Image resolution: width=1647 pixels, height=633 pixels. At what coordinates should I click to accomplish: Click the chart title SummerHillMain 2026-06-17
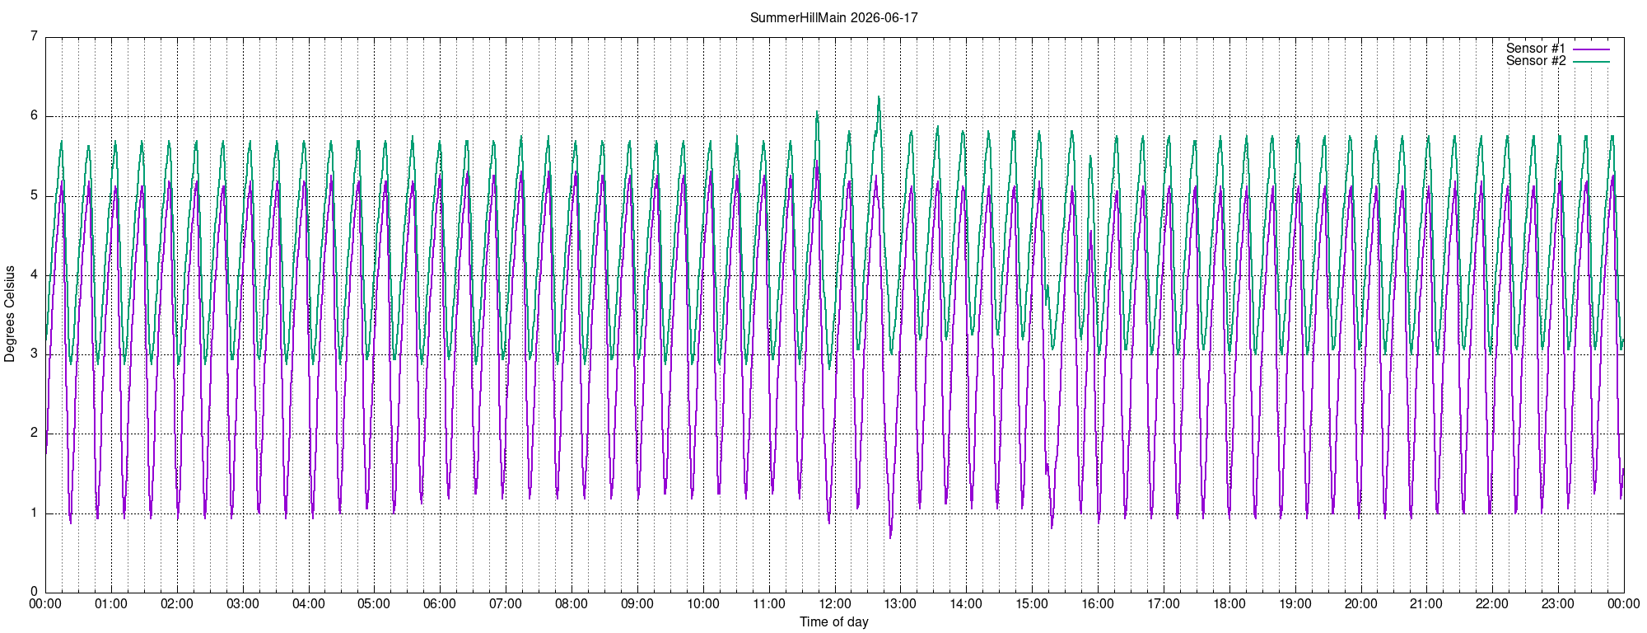(833, 17)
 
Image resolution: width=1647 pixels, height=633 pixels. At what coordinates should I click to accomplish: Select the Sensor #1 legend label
(1536, 49)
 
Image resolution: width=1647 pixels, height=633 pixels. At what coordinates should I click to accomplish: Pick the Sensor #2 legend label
(1536, 61)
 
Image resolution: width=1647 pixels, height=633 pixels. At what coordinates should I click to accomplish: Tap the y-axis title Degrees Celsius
(10, 314)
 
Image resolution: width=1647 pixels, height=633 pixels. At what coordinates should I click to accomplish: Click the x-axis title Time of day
(833, 621)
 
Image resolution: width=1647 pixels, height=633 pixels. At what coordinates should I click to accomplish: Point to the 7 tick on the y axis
(34, 36)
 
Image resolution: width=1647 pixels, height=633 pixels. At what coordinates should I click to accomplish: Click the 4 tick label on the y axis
(34, 274)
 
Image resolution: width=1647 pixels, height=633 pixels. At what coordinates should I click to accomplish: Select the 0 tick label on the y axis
(34, 592)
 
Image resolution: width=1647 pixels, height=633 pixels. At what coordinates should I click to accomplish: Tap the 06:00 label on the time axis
(440, 603)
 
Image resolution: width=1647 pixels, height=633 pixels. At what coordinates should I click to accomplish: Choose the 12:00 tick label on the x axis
(834, 603)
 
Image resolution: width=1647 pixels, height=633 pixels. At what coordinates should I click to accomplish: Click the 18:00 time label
(1229, 603)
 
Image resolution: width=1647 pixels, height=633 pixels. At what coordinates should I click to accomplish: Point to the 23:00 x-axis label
(1558, 603)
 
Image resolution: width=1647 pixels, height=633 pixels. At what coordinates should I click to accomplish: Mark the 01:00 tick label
(111, 603)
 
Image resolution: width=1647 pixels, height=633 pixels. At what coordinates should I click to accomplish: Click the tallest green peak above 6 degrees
(879, 97)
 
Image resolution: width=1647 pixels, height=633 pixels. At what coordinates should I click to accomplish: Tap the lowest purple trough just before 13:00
(890, 537)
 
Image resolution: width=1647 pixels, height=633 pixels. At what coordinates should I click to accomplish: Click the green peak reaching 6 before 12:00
(817, 111)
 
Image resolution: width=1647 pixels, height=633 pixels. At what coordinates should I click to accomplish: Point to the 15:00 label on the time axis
(1032, 603)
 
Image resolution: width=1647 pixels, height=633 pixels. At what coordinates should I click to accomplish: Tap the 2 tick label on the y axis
(34, 433)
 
